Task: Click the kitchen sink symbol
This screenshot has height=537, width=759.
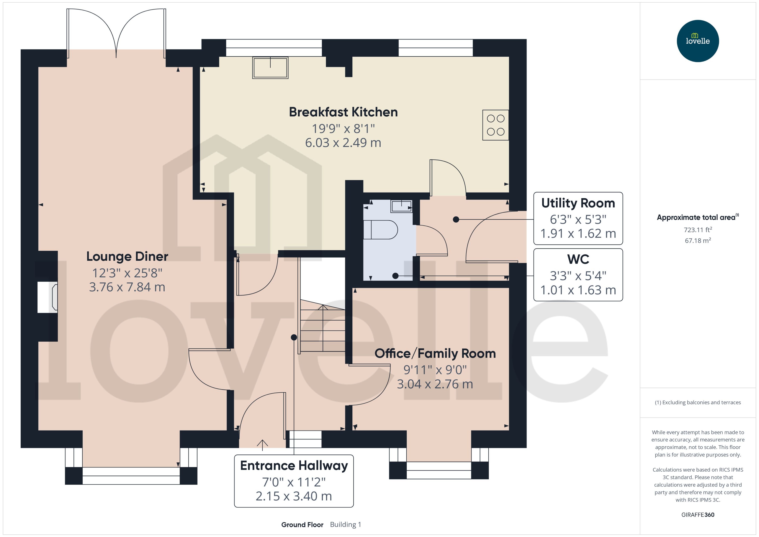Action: [x=270, y=67]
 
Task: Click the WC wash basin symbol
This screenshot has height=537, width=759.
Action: [x=401, y=206]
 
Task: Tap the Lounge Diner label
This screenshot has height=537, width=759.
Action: [x=127, y=256]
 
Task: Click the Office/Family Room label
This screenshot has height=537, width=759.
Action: [x=435, y=353]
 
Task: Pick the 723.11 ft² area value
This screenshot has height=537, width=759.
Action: [x=697, y=230]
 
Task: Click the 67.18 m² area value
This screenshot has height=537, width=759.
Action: [x=697, y=240]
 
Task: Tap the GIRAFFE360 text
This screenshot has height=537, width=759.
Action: [x=697, y=514]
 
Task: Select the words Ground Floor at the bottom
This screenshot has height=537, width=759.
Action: [x=302, y=524]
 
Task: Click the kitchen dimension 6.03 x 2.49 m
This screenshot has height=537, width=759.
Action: [x=343, y=142]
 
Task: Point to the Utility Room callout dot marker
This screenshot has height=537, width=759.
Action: [x=456, y=219]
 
